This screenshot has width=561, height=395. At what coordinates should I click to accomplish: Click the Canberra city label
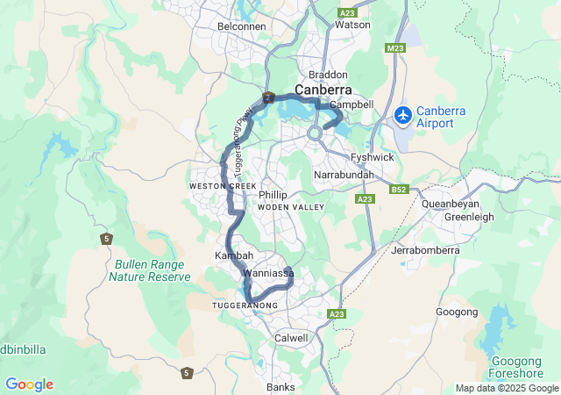pyautogui.click(x=323, y=90)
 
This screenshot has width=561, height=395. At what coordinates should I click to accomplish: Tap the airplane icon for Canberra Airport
pyautogui.click(x=403, y=114)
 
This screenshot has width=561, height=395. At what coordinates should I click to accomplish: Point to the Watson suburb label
pyautogui.click(x=353, y=25)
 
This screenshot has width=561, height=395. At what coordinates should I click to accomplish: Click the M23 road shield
pyautogui.click(x=396, y=48)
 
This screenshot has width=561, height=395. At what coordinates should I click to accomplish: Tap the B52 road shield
pyautogui.click(x=401, y=189)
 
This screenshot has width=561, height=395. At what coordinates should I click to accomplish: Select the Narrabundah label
pyautogui.click(x=344, y=176)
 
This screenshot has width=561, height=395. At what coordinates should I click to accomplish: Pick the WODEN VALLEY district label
pyautogui.click(x=291, y=207)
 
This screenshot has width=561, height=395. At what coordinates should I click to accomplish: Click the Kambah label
pyautogui.click(x=234, y=255)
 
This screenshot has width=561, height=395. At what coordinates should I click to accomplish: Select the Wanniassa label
pyautogui.click(x=268, y=274)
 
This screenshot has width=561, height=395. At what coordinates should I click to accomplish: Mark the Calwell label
pyautogui.click(x=291, y=338)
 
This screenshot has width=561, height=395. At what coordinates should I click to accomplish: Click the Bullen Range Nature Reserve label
pyautogui.click(x=149, y=270)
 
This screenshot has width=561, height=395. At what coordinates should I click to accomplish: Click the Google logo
pyautogui.click(x=29, y=384)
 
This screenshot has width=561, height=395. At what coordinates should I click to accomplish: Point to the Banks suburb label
pyautogui.click(x=281, y=387)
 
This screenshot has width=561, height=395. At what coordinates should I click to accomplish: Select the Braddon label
pyautogui.click(x=328, y=75)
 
